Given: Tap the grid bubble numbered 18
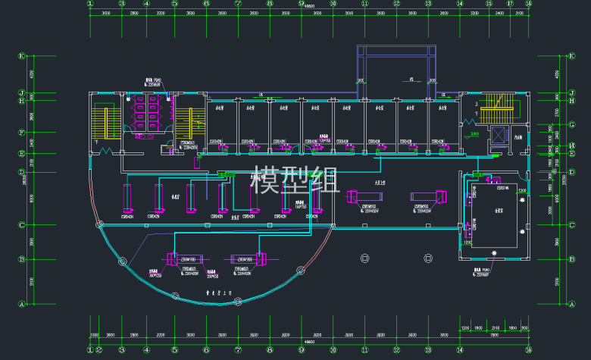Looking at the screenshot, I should pos(529,3).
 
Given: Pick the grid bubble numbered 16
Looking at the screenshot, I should pos(492,3).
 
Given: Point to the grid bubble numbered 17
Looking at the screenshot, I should pos(510,3).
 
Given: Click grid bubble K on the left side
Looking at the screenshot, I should pos(22,55).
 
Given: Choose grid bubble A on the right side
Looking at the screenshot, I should pos(569,304).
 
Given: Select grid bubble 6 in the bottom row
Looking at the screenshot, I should pos(206,350).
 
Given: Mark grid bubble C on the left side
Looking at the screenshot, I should pos(22,224).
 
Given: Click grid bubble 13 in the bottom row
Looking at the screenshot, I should pos(428,350).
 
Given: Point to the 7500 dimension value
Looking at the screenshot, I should pos(494,334).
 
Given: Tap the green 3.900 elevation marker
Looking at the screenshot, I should pos(474,136).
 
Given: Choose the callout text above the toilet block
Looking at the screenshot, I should pos(154,83).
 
